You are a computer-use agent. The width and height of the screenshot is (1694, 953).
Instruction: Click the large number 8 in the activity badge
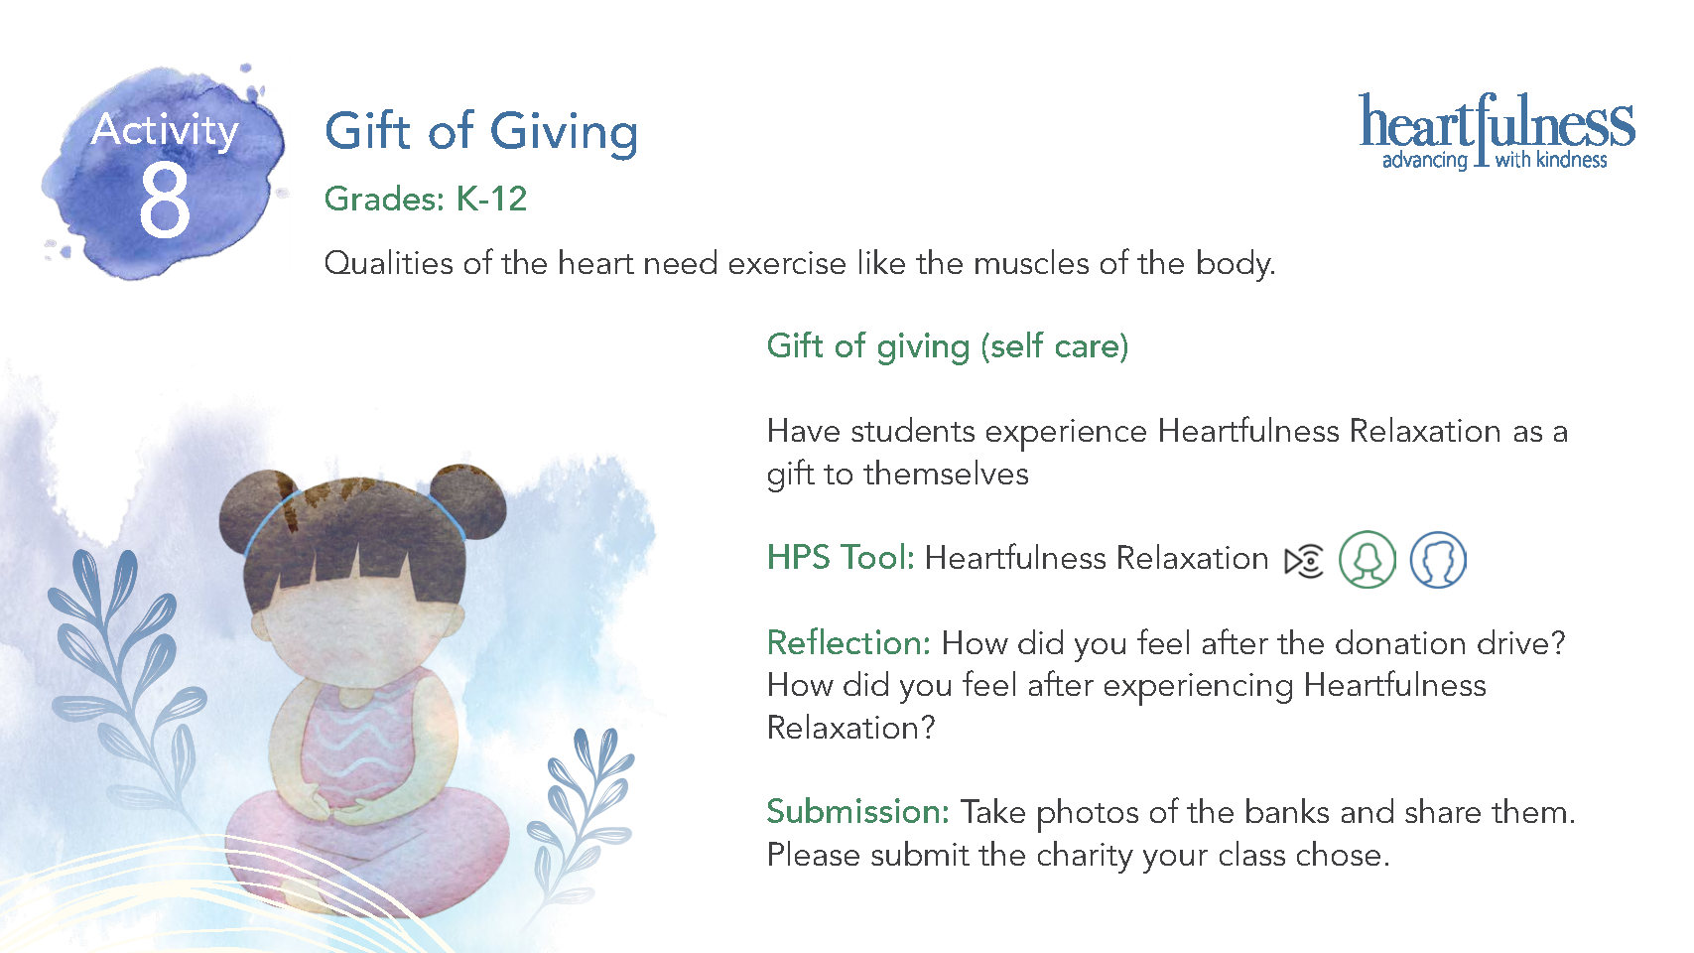coord(165,199)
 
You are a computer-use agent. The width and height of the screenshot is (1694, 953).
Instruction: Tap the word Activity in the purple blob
coord(165,130)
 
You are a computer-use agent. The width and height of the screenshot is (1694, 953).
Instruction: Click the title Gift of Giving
coord(481,132)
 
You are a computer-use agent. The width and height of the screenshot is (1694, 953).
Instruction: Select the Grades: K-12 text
coord(425,199)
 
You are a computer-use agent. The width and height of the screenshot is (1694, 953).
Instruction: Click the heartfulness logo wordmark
coord(1497,121)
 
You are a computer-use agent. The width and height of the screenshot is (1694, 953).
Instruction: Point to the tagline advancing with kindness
coord(1495,161)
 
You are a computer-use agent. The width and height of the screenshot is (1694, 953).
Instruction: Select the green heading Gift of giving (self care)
coord(948,347)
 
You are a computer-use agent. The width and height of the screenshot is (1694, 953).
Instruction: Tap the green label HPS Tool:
coord(841,558)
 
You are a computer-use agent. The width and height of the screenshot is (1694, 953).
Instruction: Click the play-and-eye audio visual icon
coord(1304,561)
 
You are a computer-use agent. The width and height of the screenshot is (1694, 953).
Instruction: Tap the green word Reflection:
coord(848,643)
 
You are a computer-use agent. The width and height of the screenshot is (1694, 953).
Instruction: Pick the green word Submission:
coord(857,812)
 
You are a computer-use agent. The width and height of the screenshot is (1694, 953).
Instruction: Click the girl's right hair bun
coord(468,500)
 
